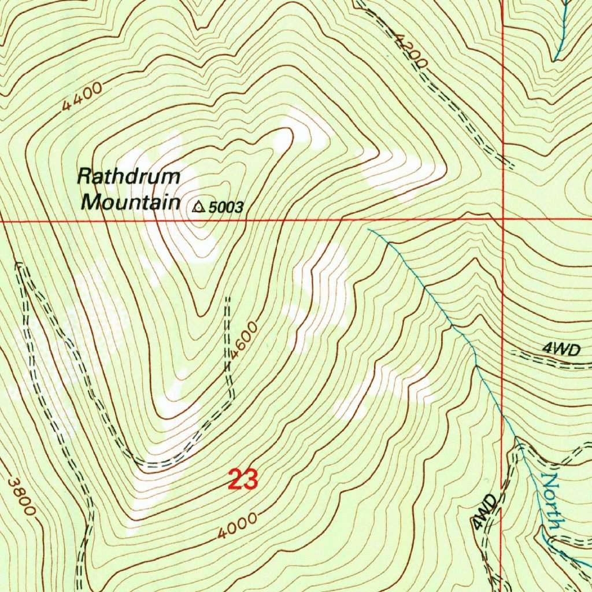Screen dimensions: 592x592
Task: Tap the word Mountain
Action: [129, 202]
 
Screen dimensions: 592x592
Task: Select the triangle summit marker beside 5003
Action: [199, 206]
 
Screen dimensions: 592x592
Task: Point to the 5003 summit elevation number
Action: [226, 208]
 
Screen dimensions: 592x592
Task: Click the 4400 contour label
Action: [82, 98]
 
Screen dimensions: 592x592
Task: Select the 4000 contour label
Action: [238, 526]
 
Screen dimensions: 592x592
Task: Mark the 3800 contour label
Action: [22, 496]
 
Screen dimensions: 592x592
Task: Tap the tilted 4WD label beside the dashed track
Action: [484, 512]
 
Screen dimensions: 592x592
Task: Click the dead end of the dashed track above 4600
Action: [227, 298]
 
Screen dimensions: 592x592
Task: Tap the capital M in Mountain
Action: [91, 202]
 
